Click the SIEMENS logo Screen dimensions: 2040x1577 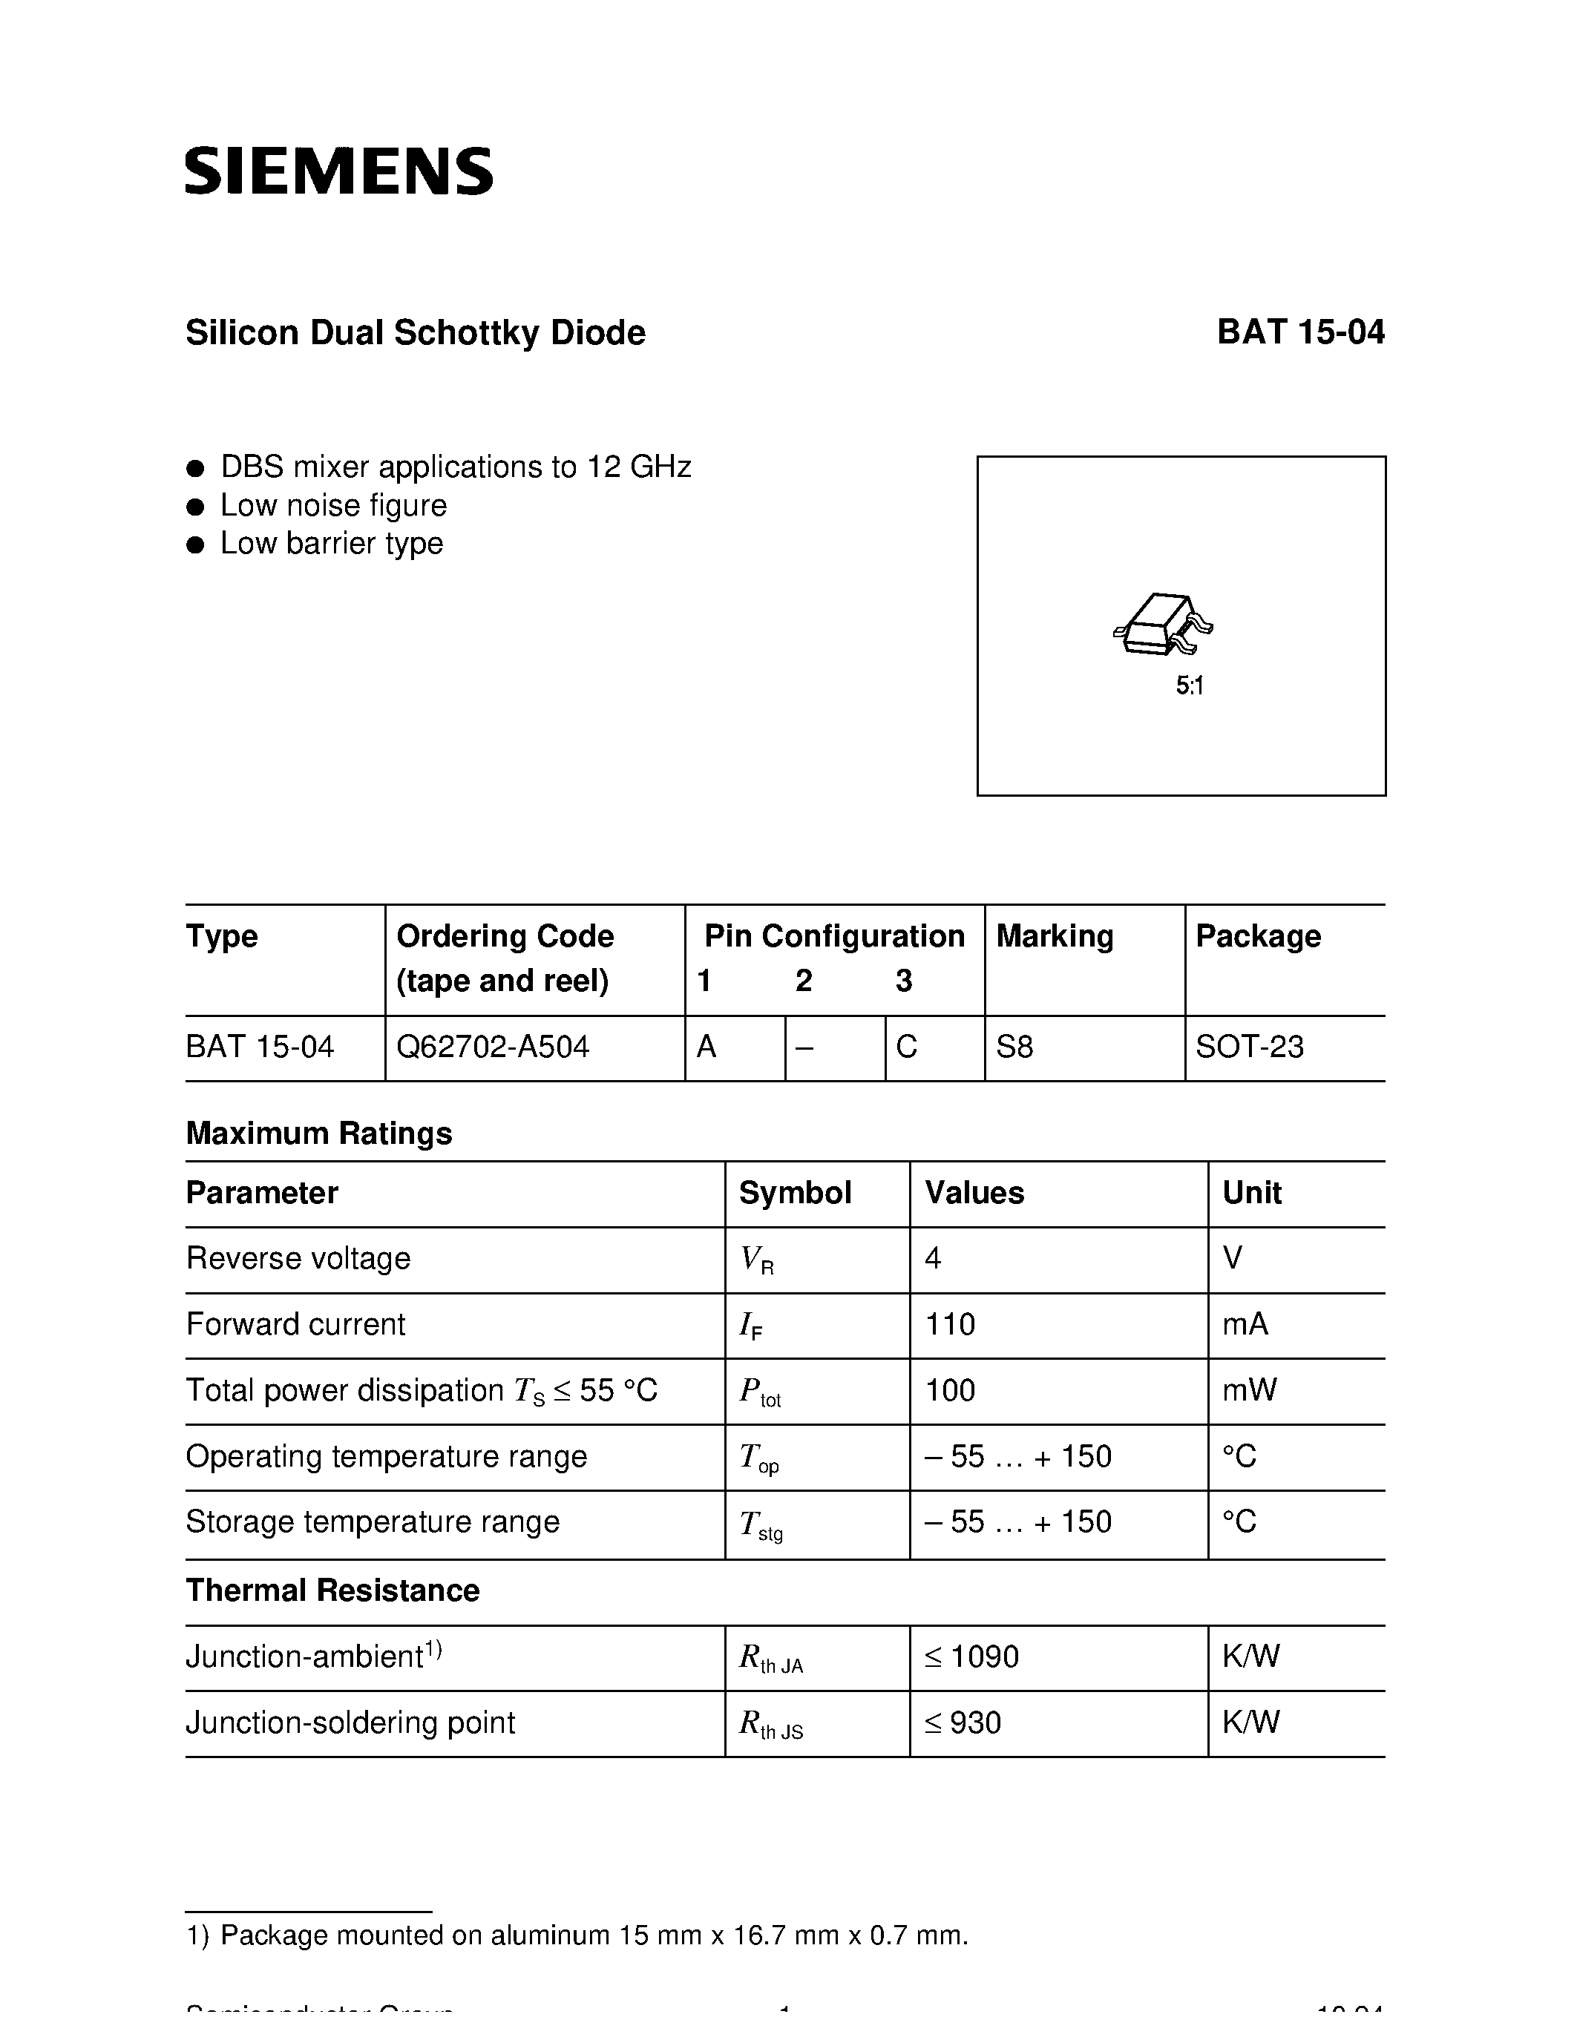tap(338, 171)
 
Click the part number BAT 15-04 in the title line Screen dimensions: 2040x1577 tap(1299, 332)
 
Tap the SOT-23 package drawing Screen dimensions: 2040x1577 tap(1163, 624)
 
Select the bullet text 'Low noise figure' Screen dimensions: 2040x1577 tap(332, 505)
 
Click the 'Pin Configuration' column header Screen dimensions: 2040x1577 tap(833, 936)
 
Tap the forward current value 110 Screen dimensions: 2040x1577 tap(949, 1324)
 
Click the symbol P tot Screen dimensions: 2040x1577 tap(758, 1392)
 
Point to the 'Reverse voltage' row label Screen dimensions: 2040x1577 tap(298, 1258)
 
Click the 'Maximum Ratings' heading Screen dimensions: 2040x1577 tap(318, 1133)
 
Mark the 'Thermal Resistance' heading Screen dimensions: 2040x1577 tap(332, 1590)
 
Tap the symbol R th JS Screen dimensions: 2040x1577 tap(770, 1723)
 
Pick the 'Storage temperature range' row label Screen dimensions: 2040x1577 tap(372, 1521)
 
